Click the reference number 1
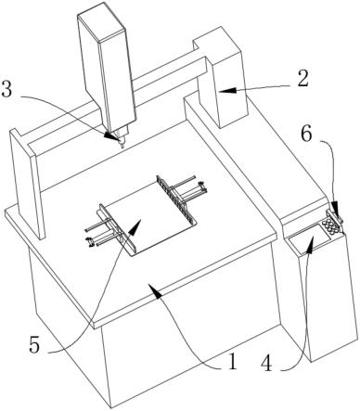pos(232,362)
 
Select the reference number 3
pos(6,90)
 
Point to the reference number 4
pos(266,363)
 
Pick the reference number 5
pos(34,345)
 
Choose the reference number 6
pos(308,134)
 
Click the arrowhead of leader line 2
pos(227,90)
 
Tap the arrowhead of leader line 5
pos(135,226)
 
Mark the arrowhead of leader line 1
pos(157,292)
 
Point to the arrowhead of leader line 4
pos(311,244)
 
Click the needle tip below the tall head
pos(122,146)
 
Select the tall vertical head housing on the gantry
pos(107,70)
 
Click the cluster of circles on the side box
pos(331,226)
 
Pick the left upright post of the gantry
pos(27,184)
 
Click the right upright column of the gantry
pos(222,77)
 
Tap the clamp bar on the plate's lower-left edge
pos(117,230)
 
